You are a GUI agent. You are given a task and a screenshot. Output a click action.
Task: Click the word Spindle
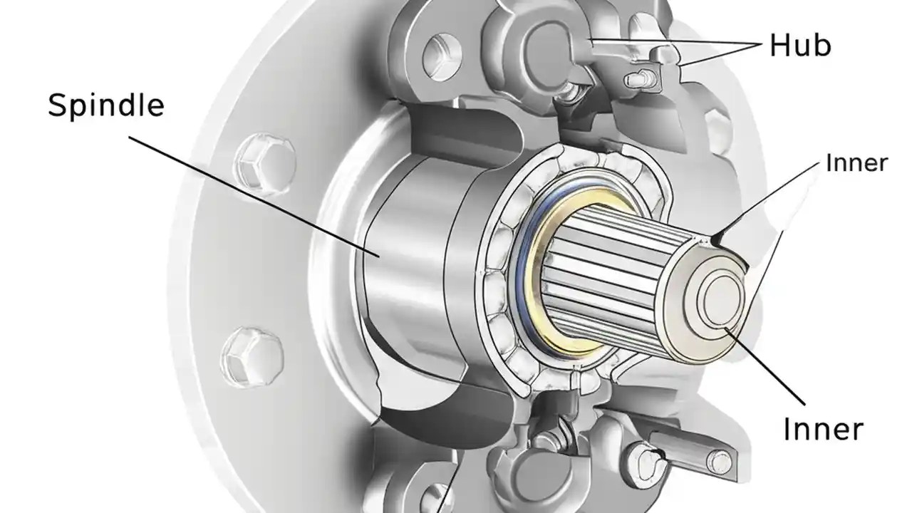coord(106,105)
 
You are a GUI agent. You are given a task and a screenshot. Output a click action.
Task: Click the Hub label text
coord(800,46)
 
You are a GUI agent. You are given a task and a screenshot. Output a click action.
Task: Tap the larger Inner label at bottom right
coord(823,429)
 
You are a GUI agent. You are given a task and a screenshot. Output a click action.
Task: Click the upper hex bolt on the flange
coord(254,161)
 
